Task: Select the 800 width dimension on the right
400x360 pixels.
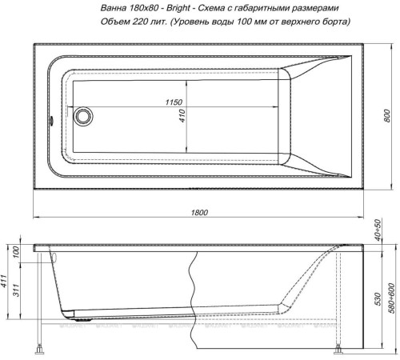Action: tap(386, 116)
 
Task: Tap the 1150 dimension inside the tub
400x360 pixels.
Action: tap(174, 104)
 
